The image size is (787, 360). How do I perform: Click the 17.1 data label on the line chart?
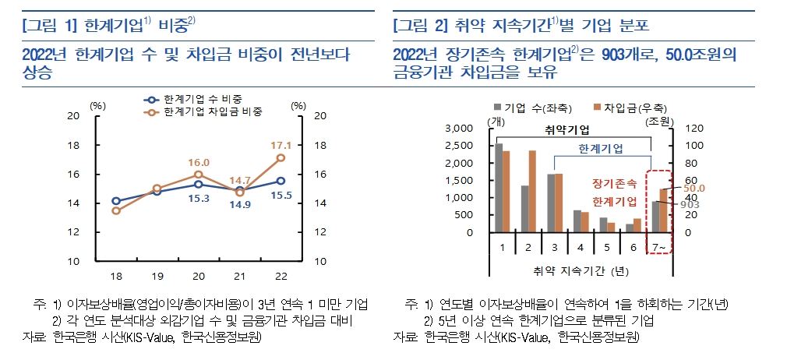pyautogui.click(x=281, y=145)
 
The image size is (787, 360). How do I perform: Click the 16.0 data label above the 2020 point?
pyautogui.click(x=198, y=162)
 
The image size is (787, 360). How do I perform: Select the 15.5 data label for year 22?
pyautogui.click(x=281, y=195)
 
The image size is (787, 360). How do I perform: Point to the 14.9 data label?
pyautogui.click(x=239, y=205)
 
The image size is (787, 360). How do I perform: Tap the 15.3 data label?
pyautogui.click(x=198, y=199)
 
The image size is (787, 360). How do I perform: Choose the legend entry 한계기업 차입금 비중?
pyautogui.click(x=213, y=111)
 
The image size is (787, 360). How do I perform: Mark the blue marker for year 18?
pyautogui.click(x=116, y=201)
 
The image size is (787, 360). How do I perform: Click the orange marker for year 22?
pyautogui.click(x=281, y=158)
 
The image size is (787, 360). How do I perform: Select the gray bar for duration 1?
pyautogui.click(x=499, y=188)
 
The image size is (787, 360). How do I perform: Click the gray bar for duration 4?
pyautogui.click(x=577, y=221)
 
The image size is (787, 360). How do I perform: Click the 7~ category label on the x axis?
pyautogui.click(x=659, y=246)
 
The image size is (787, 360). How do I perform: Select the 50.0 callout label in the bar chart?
pyautogui.click(x=694, y=189)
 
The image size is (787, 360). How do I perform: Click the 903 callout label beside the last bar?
pyautogui.click(x=690, y=204)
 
